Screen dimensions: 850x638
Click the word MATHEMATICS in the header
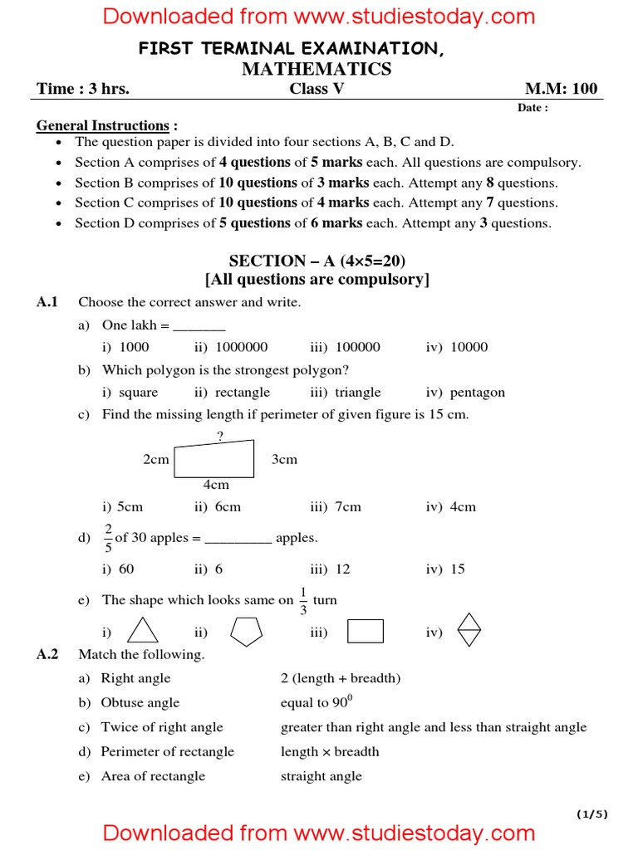pos(316,69)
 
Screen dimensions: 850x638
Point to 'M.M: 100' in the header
pos(561,89)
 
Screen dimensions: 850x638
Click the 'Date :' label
pos(532,108)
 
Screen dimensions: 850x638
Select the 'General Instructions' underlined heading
pos(102,125)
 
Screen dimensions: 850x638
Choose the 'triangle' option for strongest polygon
pos(357,392)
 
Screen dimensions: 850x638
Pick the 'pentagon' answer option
pos(477,392)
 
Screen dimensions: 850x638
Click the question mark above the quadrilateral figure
pos(220,434)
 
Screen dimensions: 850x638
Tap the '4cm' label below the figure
pos(216,485)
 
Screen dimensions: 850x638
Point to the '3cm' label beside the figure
pos(284,459)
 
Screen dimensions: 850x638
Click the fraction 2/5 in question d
pos(108,538)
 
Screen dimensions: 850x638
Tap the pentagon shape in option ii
pos(245,632)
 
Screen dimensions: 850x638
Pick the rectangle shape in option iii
pos(365,632)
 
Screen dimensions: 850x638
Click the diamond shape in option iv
pos(469,630)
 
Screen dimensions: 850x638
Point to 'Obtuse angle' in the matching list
pos(140,702)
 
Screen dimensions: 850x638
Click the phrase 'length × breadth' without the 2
pos(330,751)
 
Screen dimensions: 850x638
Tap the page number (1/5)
pos(593,814)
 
